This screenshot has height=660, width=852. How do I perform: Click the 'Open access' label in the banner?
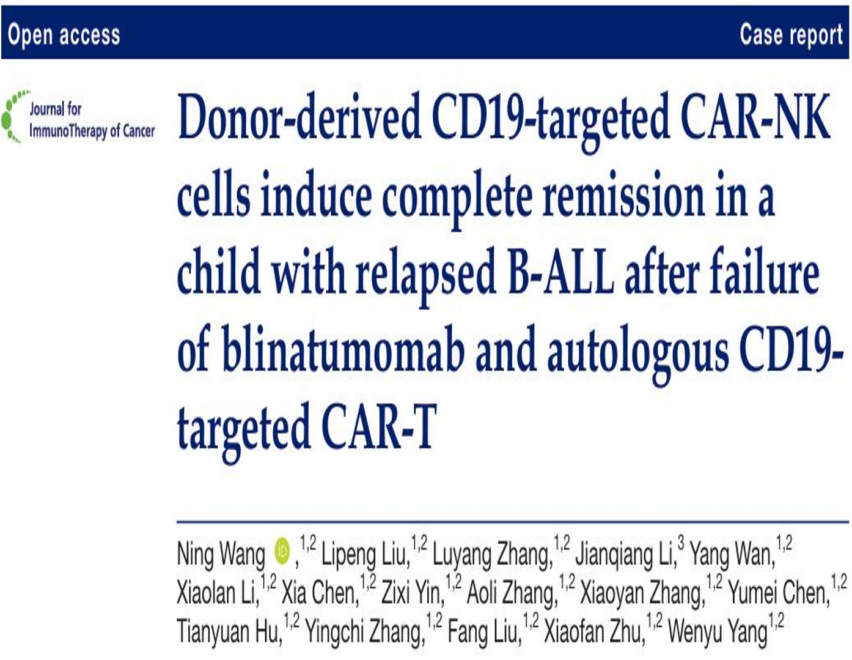click(x=64, y=34)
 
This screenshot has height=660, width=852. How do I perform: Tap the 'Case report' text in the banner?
click(x=791, y=34)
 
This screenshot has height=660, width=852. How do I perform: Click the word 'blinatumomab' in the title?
click(x=343, y=348)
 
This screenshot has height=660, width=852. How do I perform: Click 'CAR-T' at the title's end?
click(x=379, y=426)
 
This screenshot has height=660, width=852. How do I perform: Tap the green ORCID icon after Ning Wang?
click(x=282, y=552)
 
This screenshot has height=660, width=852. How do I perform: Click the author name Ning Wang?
click(x=221, y=554)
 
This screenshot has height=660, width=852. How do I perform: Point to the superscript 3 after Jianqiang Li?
click(x=681, y=543)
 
